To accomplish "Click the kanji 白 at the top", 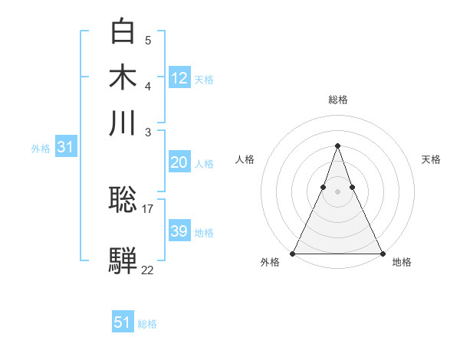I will [123, 31].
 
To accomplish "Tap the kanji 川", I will [123, 123].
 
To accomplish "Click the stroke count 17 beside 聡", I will [148, 208].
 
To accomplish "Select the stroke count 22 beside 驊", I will [148, 269].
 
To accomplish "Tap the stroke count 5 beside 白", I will [148, 40].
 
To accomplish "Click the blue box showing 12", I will [179, 77].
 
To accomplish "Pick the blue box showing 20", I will [179, 162].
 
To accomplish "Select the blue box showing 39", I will [179, 231].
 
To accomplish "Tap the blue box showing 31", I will [65, 147].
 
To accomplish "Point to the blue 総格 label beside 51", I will [147, 324].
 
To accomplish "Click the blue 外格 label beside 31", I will [41, 148].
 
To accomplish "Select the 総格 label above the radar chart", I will [337, 100].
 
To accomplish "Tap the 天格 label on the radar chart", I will [431, 159].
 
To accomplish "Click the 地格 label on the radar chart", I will [402, 263].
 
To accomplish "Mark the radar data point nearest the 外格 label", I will [293, 253].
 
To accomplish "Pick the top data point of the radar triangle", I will [337, 146].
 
